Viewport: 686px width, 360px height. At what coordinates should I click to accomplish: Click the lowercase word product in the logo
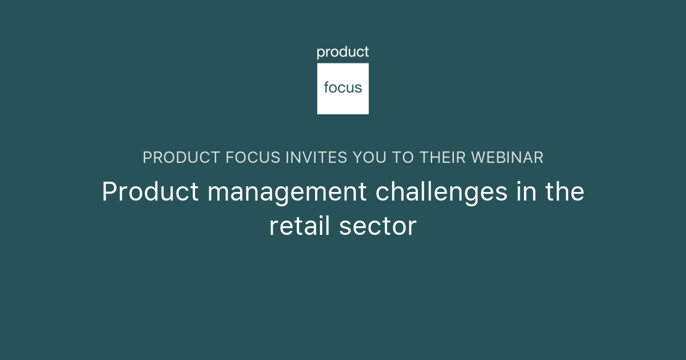point(343,53)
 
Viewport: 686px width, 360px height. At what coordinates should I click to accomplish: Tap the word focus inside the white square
point(343,87)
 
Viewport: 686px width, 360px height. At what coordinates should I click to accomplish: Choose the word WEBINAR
point(509,158)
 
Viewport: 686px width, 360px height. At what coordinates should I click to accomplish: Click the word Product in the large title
point(150,192)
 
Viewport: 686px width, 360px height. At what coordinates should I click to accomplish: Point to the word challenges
point(441,193)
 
